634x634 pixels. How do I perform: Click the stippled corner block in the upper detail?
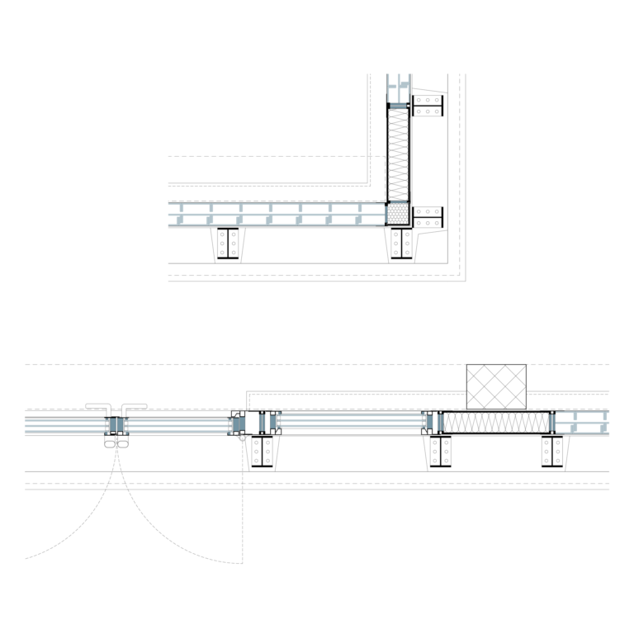399,214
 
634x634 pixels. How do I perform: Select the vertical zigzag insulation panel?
399,154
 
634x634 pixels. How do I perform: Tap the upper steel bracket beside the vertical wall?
428,105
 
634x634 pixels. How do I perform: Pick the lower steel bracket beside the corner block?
428,217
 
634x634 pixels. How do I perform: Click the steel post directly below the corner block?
402,244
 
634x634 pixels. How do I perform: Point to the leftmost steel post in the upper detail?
228,244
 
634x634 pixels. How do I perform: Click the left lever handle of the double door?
98,406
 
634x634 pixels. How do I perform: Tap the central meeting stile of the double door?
116,425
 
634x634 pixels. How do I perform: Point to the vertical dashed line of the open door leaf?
243,504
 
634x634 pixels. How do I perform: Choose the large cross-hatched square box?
496,386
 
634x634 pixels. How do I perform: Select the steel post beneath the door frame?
262,452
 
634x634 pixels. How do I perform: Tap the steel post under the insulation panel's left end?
440,452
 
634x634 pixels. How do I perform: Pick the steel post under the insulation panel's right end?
552,452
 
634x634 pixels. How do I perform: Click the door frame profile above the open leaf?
238,423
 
